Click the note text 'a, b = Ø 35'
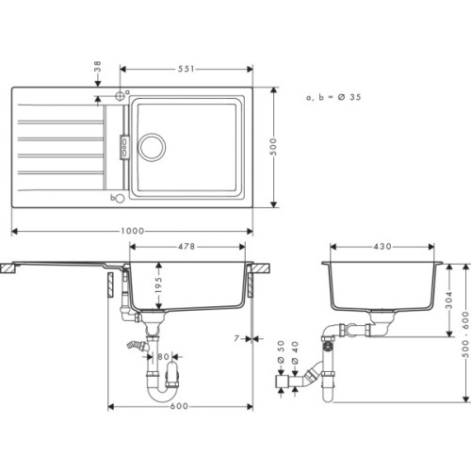click(333, 97)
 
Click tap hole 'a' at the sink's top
click(121, 95)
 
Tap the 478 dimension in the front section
click(187, 248)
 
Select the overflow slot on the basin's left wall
click(122, 145)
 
